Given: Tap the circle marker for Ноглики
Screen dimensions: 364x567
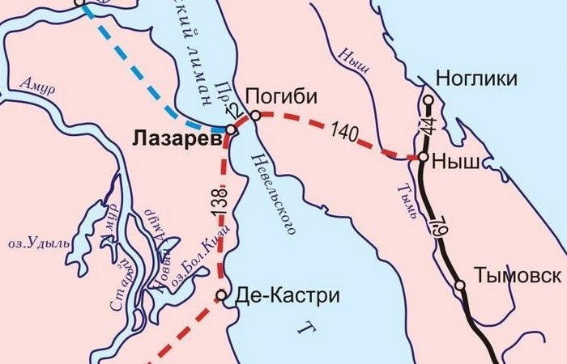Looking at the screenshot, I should pyautogui.click(x=428, y=100).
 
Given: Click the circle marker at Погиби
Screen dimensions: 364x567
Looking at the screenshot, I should pyautogui.click(x=255, y=116).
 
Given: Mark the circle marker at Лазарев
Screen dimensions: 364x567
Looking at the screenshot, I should pyautogui.click(x=231, y=129).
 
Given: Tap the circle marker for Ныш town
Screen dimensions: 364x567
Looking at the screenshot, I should pyautogui.click(x=422, y=157).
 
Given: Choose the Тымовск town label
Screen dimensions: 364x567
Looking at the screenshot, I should pyautogui.click(x=518, y=275).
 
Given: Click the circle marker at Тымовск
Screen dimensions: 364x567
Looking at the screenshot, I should pyautogui.click(x=459, y=285).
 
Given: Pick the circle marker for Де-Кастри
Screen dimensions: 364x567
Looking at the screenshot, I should pyautogui.click(x=220, y=295).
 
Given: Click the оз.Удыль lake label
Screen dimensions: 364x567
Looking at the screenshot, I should pyautogui.click(x=32, y=241).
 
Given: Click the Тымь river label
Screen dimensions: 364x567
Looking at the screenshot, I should pyautogui.click(x=403, y=198).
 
